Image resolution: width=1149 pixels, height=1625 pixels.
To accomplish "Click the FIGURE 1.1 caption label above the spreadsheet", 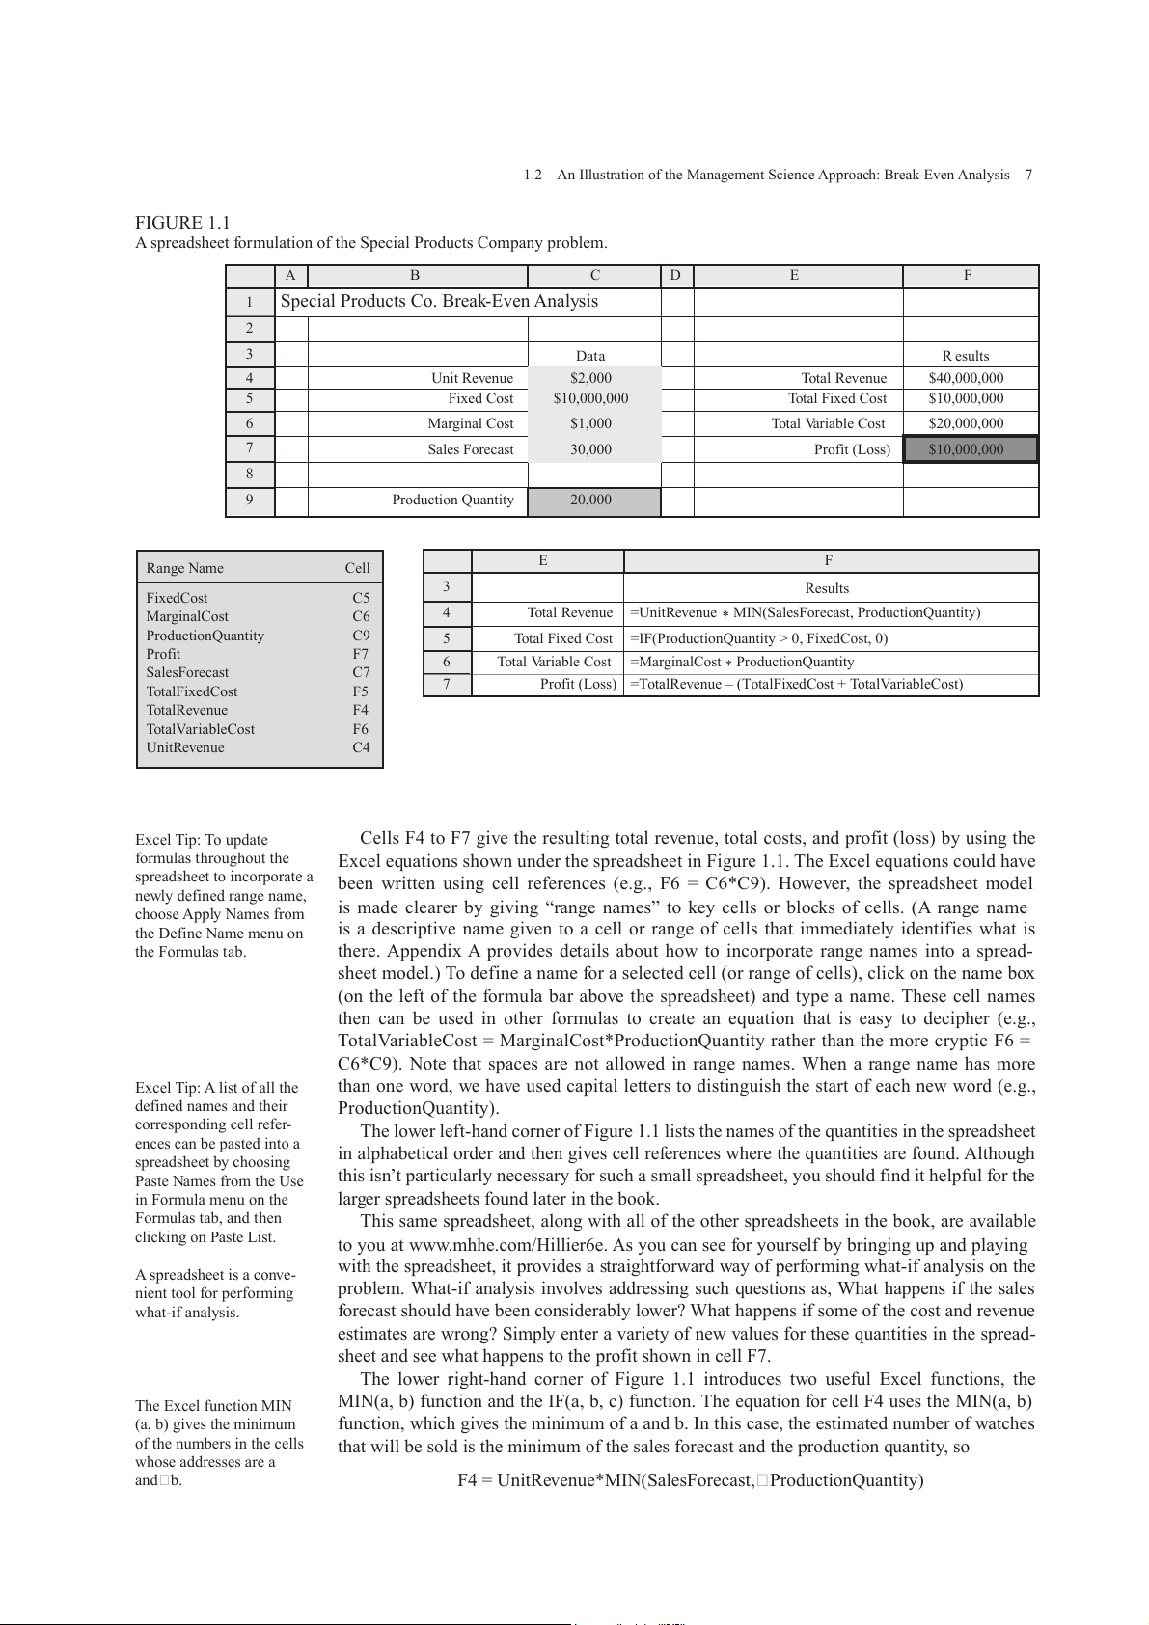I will point(182,223).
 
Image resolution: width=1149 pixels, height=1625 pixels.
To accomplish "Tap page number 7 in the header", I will point(1028,175).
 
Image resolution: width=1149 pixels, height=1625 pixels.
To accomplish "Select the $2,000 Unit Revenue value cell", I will point(590,378).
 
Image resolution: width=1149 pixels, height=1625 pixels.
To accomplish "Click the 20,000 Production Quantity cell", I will point(590,500).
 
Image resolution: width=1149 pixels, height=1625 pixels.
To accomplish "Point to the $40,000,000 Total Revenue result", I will point(966,378).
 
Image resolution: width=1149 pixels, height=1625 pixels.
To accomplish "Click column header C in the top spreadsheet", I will point(594,275).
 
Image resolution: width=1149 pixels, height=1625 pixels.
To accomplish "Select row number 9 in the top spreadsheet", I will point(249,500).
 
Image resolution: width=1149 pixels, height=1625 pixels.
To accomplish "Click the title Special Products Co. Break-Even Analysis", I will point(439,301).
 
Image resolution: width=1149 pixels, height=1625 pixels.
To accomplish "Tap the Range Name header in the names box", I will point(185,568).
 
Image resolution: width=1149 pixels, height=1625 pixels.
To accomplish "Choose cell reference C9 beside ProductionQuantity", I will point(361,636).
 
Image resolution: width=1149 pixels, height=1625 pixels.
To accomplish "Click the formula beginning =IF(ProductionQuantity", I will point(758,638).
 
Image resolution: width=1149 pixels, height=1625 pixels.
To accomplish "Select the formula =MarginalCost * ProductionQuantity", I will point(741,662).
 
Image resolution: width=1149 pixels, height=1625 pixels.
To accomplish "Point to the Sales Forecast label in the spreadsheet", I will point(471,449).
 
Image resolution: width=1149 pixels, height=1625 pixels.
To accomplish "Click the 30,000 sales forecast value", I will point(590,449).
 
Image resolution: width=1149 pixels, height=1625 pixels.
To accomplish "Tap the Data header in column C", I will point(590,356).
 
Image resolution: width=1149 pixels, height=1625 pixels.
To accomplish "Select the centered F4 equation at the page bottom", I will point(690,1480).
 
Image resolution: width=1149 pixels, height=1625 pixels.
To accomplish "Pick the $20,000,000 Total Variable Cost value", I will point(966,423).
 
